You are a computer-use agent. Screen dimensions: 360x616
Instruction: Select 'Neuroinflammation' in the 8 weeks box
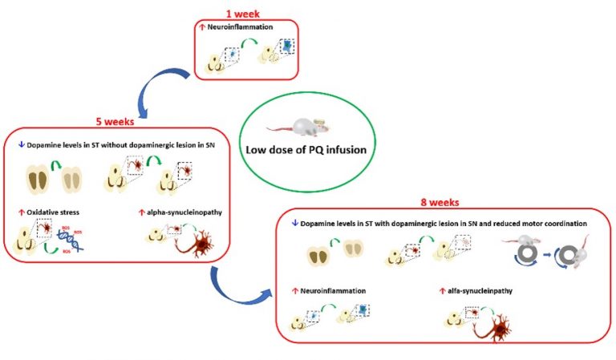pyautogui.click(x=328, y=289)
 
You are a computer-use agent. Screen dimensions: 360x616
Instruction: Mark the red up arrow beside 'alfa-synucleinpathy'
pyautogui.click(x=443, y=289)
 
